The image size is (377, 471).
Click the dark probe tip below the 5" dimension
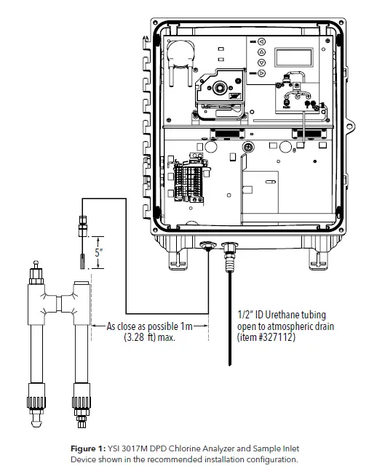pyautogui.click(x=81, y=259)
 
